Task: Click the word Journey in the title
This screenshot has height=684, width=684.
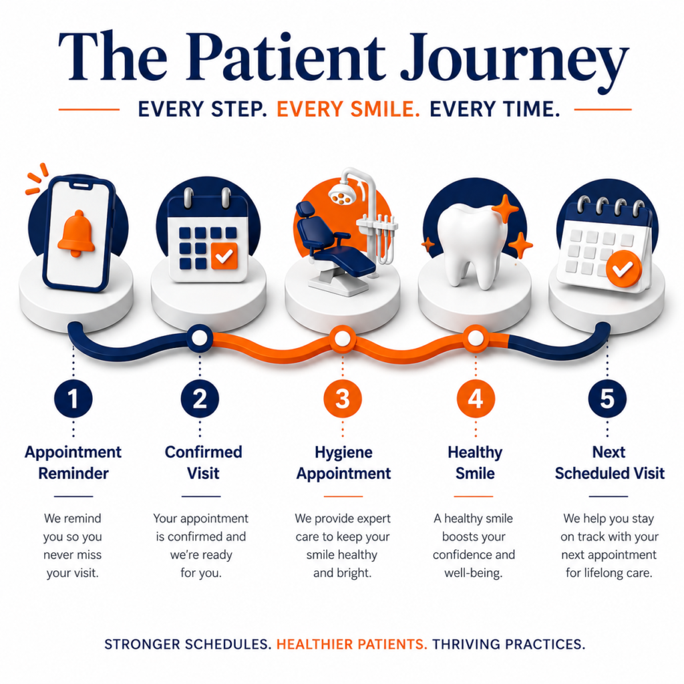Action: pos(514,61)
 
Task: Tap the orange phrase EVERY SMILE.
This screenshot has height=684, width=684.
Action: pos(348,109)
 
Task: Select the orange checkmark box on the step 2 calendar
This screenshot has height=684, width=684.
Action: pos(224,256)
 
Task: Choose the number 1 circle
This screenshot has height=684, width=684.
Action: pos(73,399)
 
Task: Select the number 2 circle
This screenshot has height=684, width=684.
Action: pos(200,399)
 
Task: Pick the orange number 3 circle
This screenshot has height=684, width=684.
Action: pos(343,399)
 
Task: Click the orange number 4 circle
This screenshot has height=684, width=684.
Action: pos(476,399)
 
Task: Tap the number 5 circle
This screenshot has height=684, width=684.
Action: pos(607,399)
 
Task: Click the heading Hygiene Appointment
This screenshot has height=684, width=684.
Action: pos(343,464)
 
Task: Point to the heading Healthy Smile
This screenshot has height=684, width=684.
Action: pos(475,464)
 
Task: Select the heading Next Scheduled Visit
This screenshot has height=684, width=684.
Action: pos(609,464)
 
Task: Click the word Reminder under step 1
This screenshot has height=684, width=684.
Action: pos(73,474)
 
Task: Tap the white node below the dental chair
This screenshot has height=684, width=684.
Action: pos(343,338)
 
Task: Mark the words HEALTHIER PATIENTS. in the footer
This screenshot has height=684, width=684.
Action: pos(351,645)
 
